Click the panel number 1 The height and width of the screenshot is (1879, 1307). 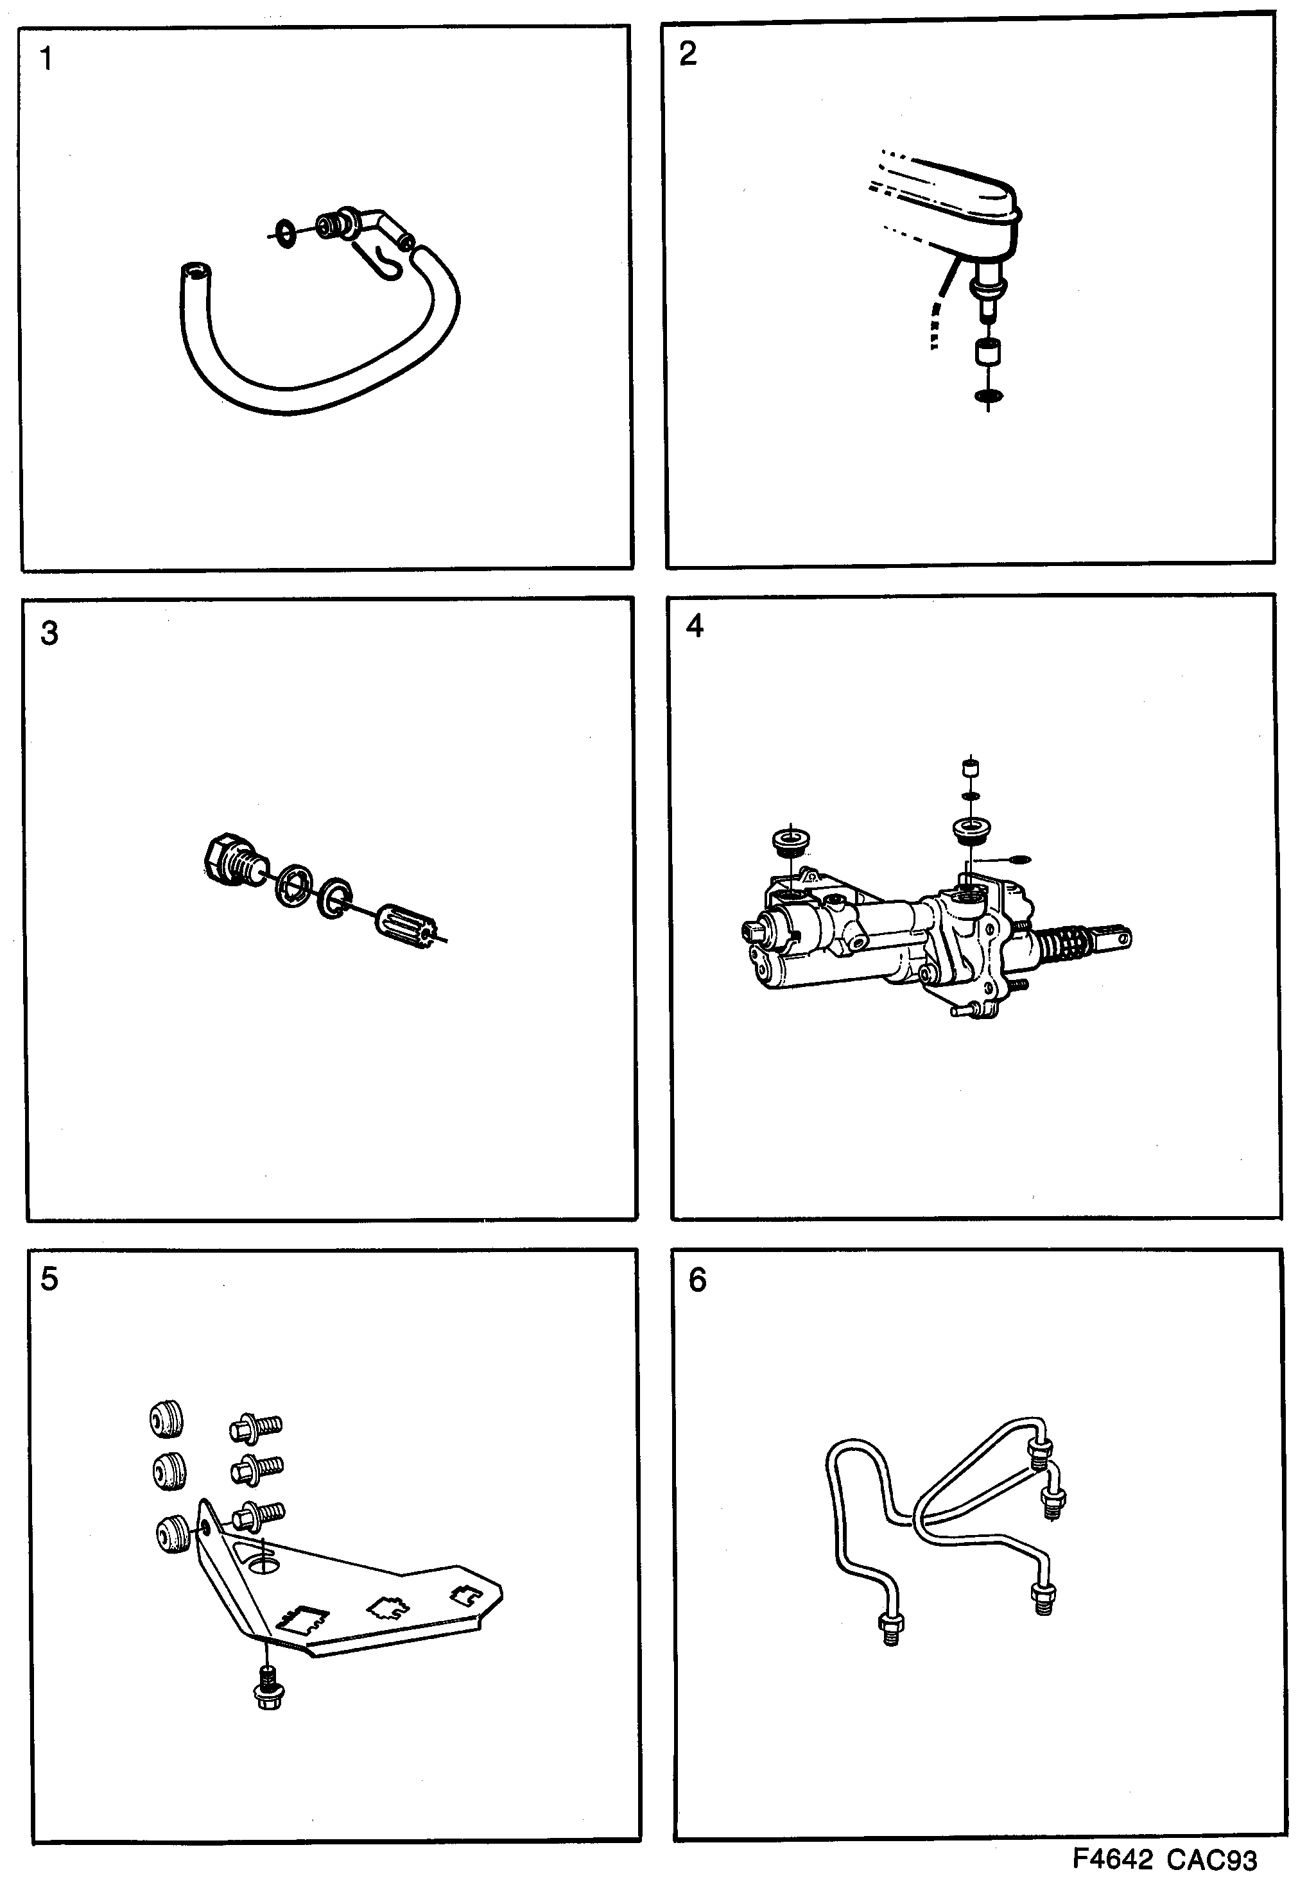[x=47, y=60]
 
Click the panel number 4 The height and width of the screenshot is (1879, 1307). [x=694, y=626]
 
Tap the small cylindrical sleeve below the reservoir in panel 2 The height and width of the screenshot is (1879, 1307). [x=989, y=354]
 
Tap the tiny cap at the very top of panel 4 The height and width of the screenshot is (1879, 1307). [x=970, y=768]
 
